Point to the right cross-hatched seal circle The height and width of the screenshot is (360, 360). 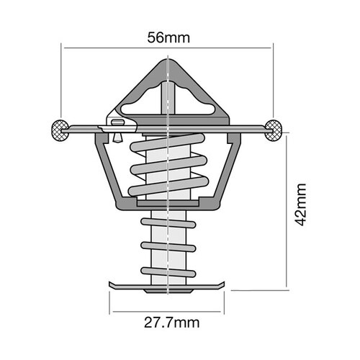point(274,129)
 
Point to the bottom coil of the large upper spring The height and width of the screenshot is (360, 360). point(167,189)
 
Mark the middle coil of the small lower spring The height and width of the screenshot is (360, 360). point(167,247)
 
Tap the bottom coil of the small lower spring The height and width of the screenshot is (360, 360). point(167,271)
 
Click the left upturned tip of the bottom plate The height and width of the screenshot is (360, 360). point(110,284)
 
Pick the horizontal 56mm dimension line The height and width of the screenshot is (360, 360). point(167,48)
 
